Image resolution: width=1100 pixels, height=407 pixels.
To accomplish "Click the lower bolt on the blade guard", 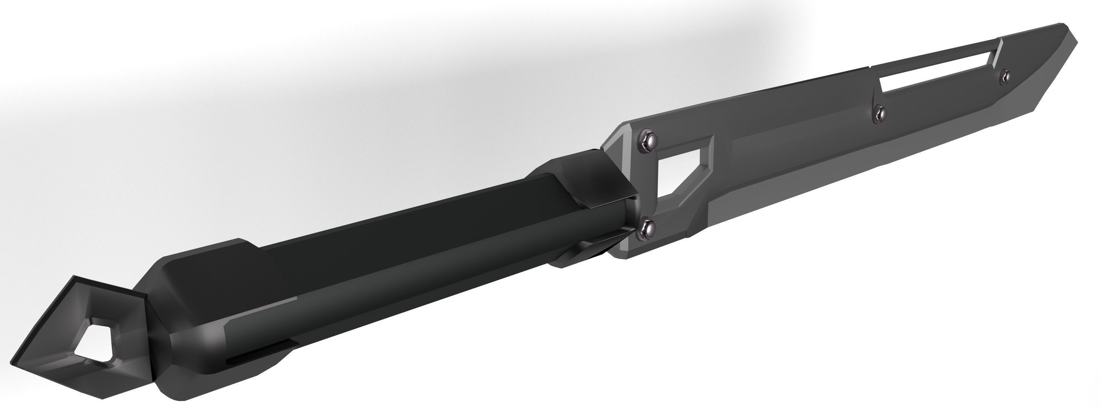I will click(x=645, y=229).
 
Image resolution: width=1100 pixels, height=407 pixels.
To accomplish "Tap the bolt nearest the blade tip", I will click(x=1005, y=77).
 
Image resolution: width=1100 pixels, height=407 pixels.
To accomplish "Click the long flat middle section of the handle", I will click(x=384, y=265).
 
